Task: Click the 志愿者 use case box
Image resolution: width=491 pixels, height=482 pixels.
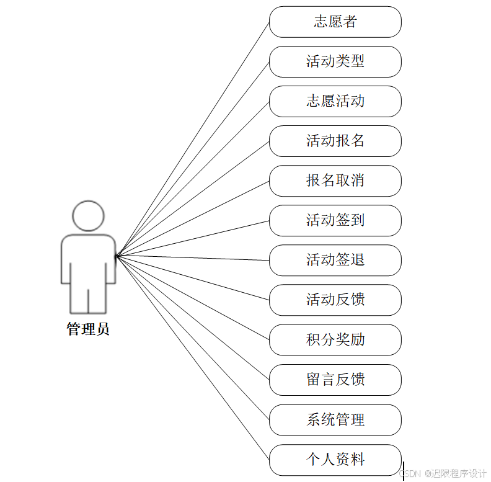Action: click(x=335, y=22)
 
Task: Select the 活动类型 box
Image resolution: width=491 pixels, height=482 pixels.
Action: click(x=335, y=61)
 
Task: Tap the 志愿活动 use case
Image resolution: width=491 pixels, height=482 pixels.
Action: click(x=335, y=101)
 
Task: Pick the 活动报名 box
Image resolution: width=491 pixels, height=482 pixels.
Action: click(x=335, y=141)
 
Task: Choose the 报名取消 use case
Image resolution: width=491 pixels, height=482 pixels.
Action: click(x=335, y=181)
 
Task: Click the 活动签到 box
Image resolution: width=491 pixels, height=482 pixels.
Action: click(x=335, y=220)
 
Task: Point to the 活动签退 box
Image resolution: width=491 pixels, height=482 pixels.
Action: click(x=335, y=260)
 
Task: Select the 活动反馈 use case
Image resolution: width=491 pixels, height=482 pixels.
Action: click(x=335, y=300)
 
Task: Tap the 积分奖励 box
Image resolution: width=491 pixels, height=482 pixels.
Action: click(x=335, y=339)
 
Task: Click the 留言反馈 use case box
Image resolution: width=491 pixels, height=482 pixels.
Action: click(x=335, y=380)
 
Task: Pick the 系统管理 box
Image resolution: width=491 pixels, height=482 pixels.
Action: click(x=335, y=420)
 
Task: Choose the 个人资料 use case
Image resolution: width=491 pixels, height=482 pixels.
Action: click(x=335, y=460)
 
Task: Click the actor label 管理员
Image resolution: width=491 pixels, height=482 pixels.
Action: click(x=88, y=329)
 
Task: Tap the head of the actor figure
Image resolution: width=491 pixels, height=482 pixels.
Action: click(x=88, y=216)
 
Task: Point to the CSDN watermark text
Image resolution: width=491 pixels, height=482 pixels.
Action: click(x=443, y=474)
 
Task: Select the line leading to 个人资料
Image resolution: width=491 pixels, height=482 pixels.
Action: click(x=192, y=357)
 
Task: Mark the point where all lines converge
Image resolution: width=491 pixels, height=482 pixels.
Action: click(x=117, y=254)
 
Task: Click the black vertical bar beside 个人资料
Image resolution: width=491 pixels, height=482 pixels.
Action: click(x=404, y=471)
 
